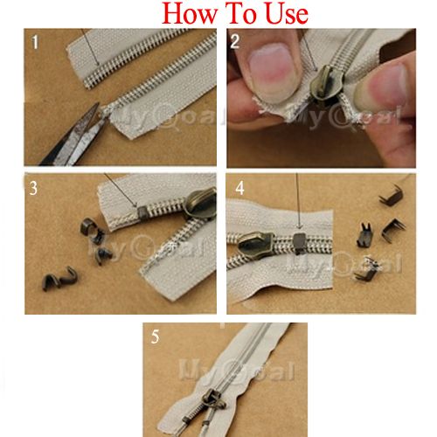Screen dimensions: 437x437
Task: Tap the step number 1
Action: (x=36, y=42)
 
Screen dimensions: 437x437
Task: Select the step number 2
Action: (x=237, y=41)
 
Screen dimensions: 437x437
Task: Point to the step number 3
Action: (x=34, y=189)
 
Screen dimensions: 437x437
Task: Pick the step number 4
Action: (x=238, y=189)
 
